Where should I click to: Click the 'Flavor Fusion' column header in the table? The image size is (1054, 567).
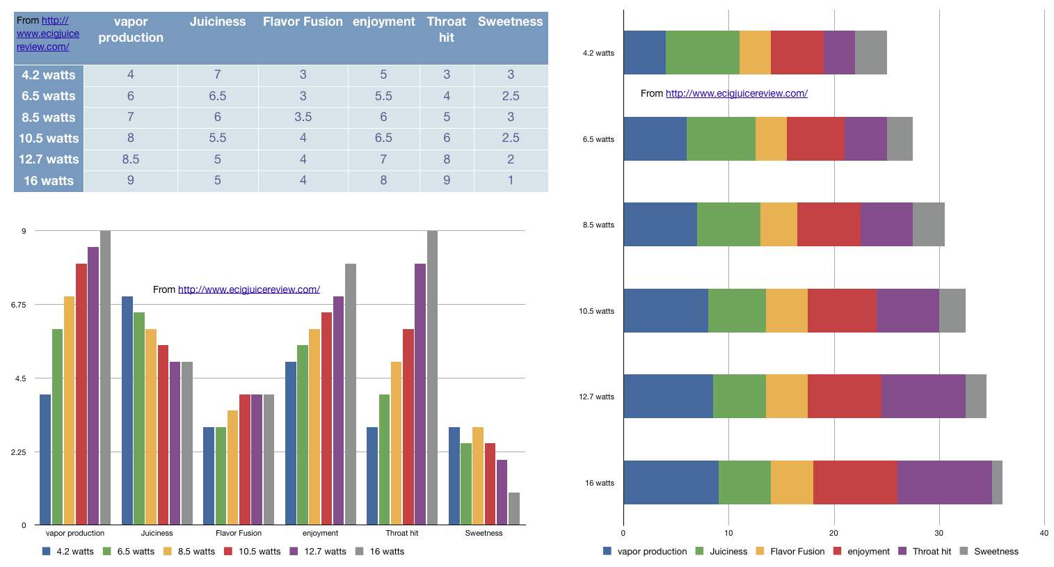(303, 22)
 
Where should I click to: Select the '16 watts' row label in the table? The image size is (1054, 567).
(49, 181)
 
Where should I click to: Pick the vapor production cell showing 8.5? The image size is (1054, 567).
(131, 159)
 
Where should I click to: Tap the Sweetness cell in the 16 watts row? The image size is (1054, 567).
(511, 180)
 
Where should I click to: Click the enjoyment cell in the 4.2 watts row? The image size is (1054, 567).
(383, 74)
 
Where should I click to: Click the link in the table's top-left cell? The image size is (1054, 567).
(48, 33)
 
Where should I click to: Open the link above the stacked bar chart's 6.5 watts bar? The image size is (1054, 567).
(736, 93)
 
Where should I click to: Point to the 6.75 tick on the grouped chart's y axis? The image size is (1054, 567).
(19, 305)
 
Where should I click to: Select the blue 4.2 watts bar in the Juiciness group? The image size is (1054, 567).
(127, 410)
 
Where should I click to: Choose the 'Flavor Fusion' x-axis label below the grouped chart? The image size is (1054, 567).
(239, 533)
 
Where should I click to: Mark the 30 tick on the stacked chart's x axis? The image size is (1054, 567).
(939, 534)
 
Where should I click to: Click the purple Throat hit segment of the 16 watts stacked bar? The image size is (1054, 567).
(944, 482)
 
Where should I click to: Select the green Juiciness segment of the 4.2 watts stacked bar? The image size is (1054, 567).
(702, 53)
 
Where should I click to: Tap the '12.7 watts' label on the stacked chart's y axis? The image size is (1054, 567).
(597, 397)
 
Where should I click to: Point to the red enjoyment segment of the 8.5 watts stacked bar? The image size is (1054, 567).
(829, 224)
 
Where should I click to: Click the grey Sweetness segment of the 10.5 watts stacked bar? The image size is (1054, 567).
(952, 310)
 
